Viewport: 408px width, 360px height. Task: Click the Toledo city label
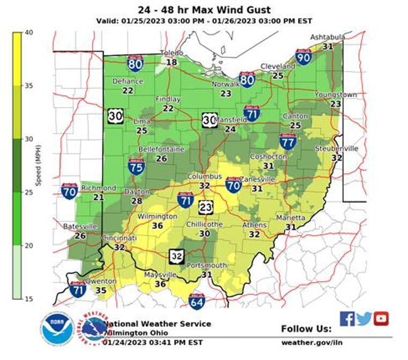coord(172,53)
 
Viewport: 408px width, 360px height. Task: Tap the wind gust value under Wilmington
coord(157,226)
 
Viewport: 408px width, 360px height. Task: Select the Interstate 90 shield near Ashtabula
coord(303,57)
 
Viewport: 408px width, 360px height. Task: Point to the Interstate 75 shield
coord(135,166)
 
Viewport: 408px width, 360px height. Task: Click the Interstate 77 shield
coord(288,142)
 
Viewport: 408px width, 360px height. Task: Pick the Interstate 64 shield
coord(197,302)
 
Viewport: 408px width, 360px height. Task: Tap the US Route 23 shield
coord(206,207)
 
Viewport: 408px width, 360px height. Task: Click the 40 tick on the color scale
coord(28,32)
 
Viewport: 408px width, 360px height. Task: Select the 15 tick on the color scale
coord(28,298)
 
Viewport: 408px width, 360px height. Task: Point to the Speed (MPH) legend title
coord(38,165)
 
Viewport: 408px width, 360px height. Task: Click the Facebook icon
coord(347,319)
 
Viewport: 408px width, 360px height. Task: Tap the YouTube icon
coord(381,319)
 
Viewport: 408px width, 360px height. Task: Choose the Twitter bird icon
coord(364,319)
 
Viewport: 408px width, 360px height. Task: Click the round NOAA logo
coord(57,328)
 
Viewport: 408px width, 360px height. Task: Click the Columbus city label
coord(204,177)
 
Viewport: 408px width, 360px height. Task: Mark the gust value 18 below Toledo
coord(171,62)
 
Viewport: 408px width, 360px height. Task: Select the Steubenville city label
coord(336,148)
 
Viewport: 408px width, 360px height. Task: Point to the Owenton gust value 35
coord(100,290)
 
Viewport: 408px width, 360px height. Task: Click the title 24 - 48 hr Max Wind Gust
coord(204,10)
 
